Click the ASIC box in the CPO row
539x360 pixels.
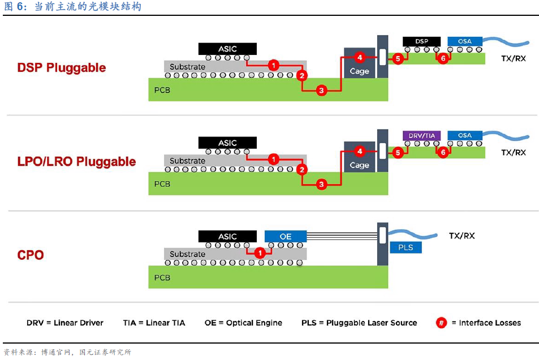click(227, 237)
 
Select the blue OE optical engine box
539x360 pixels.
click(286, 237)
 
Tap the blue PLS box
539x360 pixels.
click(406, 247)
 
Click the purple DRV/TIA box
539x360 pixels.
click(421, 136)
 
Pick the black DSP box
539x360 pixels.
click(421, 42)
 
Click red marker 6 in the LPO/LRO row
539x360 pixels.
click(443, 152)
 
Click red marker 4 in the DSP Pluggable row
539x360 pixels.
click(359, 57)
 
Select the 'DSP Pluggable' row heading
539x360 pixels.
click(61, 68)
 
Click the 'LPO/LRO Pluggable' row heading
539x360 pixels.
click(76, 162)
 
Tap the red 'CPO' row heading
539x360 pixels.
click(31, 255)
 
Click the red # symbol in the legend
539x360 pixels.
click(441, 323)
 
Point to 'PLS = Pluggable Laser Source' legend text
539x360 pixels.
click(359, 323)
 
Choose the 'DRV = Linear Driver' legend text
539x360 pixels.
click(65, 323)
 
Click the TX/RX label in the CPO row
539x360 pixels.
click(462, 235)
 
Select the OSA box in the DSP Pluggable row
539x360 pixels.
click(464, 42)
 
